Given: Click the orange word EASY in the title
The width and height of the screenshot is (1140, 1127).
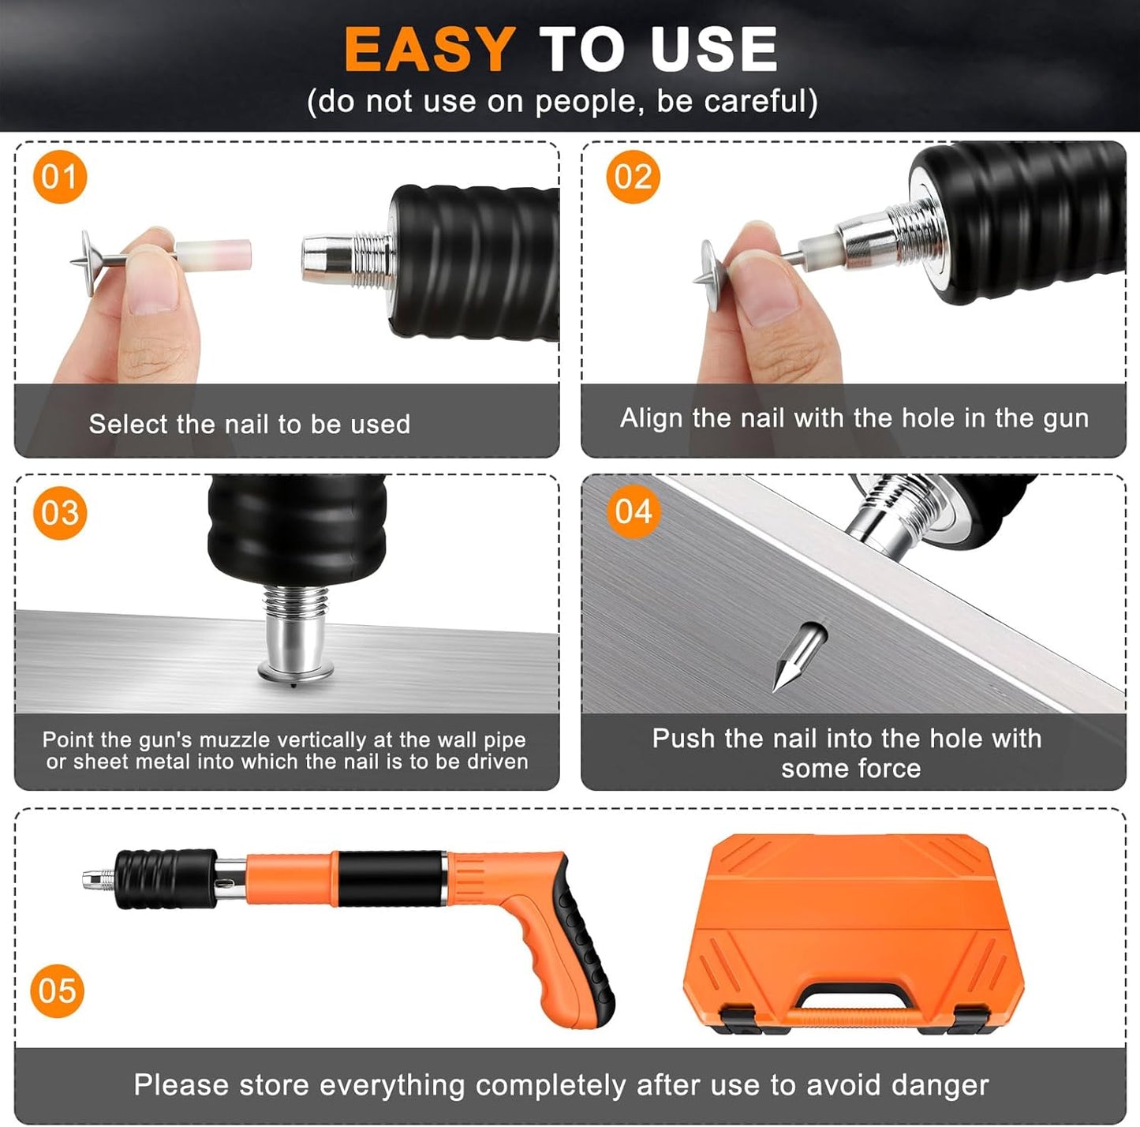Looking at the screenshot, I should [430, 50].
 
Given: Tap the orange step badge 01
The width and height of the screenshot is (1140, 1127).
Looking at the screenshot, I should [59, 177].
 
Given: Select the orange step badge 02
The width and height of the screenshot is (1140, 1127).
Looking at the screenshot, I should [633, 177].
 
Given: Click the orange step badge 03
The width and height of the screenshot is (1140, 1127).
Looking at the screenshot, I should [60, 513].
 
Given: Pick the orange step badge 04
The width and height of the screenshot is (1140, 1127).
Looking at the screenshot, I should [634, 511].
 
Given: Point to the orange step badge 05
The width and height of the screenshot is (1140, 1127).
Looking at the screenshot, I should [58, 990].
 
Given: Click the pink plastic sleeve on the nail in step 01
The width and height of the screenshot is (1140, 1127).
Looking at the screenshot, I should [214, 255].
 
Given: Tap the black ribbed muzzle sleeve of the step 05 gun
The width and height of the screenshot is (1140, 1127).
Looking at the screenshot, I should [165, 878].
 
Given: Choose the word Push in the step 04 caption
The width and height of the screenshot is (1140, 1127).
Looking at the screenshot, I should [683, 739].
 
